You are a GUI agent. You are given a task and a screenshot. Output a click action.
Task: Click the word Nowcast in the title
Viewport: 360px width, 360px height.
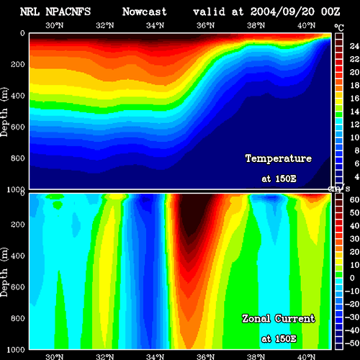tap(144, 12)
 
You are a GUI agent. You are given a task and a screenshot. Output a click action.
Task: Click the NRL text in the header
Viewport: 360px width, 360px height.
tap(30, 12)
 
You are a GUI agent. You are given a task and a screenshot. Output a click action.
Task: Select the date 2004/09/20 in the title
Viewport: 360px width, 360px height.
tap(282, 12)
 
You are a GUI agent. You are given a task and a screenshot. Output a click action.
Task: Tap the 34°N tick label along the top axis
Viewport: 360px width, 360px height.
tap(155, 25)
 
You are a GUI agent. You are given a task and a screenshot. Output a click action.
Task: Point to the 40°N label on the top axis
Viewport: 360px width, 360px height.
tap(306, 25)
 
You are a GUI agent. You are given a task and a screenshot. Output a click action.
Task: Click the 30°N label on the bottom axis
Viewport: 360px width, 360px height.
tap(55, 356)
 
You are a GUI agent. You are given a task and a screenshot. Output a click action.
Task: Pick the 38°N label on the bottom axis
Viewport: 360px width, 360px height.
tap(256, 356)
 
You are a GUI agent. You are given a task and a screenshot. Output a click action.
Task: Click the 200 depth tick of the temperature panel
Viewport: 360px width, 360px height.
tap(18, 64)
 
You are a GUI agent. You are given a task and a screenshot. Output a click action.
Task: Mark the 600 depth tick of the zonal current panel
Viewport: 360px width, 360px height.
tap(18, 287)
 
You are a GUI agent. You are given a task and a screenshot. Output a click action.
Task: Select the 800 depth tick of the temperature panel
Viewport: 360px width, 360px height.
tap(18, 158)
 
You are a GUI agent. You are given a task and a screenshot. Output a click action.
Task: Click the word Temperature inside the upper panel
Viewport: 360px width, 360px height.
tap(279, 158)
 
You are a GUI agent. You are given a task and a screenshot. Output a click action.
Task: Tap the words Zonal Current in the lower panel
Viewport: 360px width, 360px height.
tap(279, 318)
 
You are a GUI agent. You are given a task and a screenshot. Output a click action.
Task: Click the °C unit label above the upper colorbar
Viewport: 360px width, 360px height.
tap(339, 28)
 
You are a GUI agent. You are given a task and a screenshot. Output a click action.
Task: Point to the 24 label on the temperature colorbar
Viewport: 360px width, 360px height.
tap(354, 46)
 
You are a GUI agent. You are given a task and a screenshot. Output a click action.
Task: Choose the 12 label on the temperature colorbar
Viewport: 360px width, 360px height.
tap(354, 125)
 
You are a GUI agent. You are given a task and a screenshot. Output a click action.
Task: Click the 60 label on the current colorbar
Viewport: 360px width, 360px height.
tap(354, 199)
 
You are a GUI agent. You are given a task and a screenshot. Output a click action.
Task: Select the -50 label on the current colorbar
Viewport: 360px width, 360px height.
tap(352, 343)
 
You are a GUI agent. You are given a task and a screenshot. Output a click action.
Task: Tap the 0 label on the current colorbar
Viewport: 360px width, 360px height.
tap(352, 278)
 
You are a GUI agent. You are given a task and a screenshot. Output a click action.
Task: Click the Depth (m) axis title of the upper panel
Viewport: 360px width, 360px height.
tap(4, 112)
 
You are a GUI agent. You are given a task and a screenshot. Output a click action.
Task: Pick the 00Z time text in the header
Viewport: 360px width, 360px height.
tap(330, 12)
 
